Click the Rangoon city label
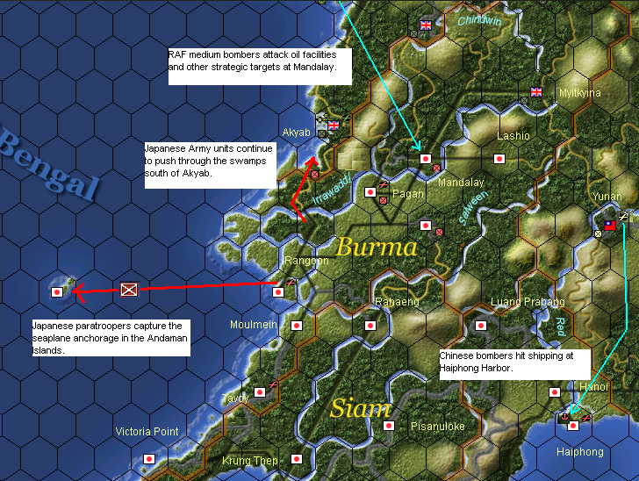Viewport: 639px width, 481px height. click(306, 261)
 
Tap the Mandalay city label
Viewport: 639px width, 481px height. click(461, 183)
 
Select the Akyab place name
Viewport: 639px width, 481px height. click(297, 133)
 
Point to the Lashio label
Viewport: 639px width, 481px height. click(513, 136)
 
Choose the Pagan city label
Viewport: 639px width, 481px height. click(409, 193)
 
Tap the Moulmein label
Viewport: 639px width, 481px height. click(254, 325)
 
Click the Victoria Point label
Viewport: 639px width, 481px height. click(147, 432)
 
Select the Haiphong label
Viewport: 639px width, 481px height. click(580, 452)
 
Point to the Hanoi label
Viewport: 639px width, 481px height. click(594, 387)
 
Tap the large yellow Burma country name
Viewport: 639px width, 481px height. click(377, 247)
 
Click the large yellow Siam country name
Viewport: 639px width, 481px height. click(360, 409)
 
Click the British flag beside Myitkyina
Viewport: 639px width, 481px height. click(536, 92)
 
